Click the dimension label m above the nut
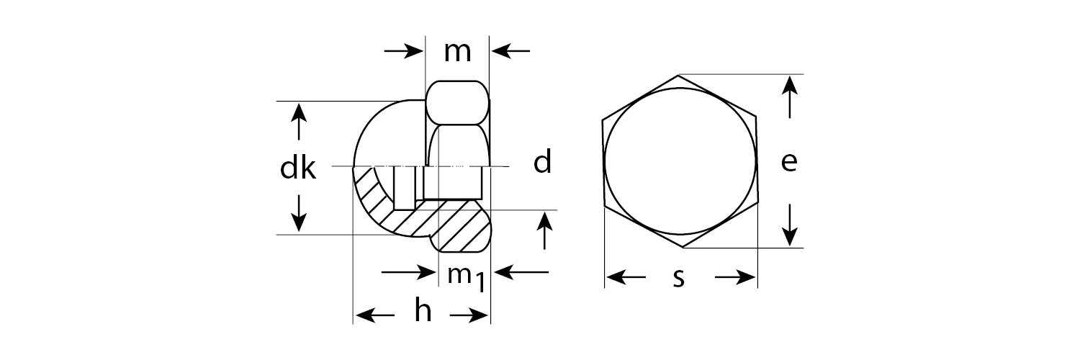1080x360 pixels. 457,52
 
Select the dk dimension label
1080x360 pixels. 298,168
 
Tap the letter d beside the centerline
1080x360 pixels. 542,163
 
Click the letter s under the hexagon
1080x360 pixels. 678,278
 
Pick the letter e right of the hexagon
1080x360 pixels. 789,163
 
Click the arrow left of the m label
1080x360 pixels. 403,51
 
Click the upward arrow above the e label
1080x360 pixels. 791,97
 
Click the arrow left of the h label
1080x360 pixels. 375,315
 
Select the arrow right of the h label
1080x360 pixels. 470,315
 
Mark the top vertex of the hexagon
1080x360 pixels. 678,75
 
